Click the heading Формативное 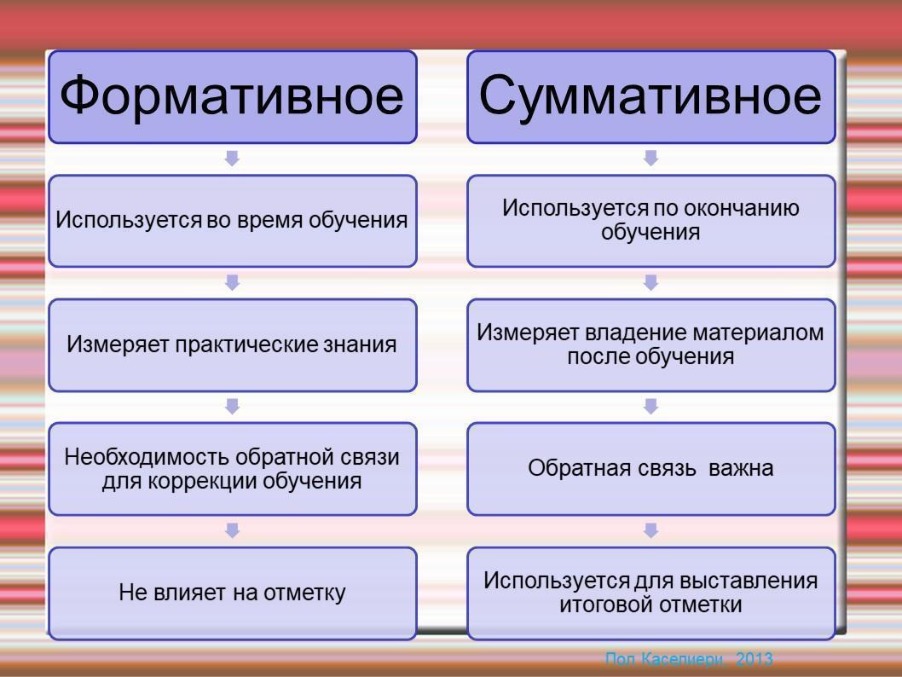coord(232,96)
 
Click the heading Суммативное coord(650,96)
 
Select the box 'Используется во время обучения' coord(233,221)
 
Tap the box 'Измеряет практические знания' coord(233,345)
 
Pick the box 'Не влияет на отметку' coord(233,593)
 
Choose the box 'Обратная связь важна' coord(651,469)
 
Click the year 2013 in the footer coord(755,658)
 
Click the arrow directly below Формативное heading coord(233,159)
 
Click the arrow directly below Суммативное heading coord(650,159)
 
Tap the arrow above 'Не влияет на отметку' coord(233,530)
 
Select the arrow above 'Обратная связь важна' coord(650,406)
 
